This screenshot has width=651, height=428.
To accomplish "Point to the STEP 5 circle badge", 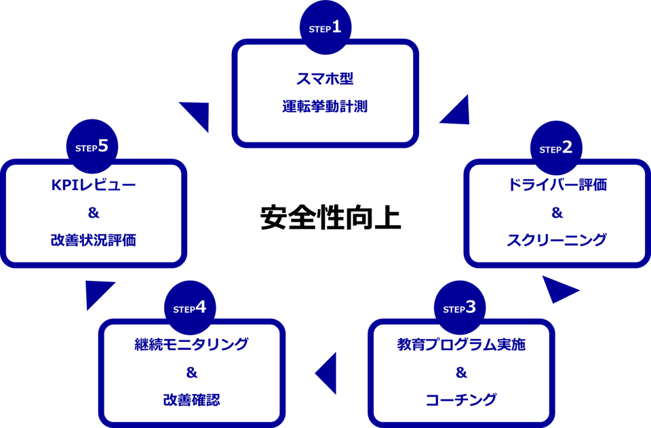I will (92, 147).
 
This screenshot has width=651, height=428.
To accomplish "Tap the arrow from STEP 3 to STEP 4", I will (326, 372).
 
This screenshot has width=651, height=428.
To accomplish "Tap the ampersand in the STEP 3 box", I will (460, 372).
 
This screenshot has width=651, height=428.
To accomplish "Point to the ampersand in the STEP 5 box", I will (93, 212).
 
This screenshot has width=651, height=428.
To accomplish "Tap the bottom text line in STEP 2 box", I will (557, 239).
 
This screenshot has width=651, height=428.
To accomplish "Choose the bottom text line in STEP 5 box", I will (94, 239).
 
